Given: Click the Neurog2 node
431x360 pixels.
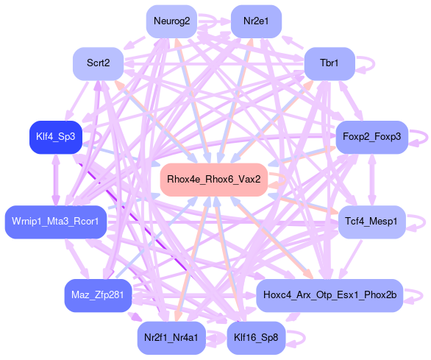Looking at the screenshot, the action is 171,21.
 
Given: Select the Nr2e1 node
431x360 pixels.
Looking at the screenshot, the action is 256,21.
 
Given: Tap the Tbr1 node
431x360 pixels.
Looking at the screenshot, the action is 330,63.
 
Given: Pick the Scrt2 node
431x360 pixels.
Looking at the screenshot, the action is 98,63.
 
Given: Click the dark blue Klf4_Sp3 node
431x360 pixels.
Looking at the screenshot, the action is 56,137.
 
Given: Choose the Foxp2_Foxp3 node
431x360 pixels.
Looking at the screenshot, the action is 372,137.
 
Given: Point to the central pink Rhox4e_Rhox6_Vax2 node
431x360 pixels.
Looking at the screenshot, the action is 214,180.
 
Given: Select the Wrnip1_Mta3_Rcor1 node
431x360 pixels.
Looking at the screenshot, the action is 56,222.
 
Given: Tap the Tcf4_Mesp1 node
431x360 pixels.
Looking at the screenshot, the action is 372,222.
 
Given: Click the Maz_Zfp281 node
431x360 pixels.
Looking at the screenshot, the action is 98,295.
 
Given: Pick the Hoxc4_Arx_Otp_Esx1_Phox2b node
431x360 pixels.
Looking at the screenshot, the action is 330,295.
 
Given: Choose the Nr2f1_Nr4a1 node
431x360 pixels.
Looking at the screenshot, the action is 171,338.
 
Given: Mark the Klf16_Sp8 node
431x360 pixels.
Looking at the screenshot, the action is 256,338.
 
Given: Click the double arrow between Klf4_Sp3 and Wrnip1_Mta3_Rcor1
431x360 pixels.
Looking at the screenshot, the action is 57,180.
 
